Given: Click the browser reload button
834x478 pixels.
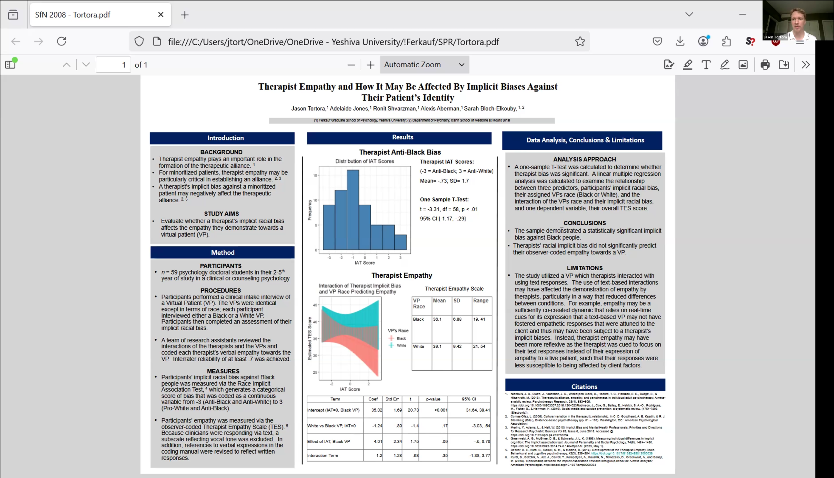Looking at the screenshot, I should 62,41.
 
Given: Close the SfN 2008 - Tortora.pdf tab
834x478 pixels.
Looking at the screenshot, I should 161,15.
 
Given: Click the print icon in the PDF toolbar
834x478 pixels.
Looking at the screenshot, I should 765,65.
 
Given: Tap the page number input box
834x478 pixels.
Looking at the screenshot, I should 113,65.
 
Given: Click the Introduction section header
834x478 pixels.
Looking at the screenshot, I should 225,138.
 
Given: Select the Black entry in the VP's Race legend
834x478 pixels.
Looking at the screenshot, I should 401,338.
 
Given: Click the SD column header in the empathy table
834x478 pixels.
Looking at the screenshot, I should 457,301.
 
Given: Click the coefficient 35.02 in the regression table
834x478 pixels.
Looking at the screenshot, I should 376,410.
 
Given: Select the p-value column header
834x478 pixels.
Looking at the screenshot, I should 433,399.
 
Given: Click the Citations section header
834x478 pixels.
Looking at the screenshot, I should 584,387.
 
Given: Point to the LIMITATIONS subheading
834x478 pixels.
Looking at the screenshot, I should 584,268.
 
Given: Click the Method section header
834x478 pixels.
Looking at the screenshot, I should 222,253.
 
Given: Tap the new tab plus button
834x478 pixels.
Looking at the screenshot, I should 185,15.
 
